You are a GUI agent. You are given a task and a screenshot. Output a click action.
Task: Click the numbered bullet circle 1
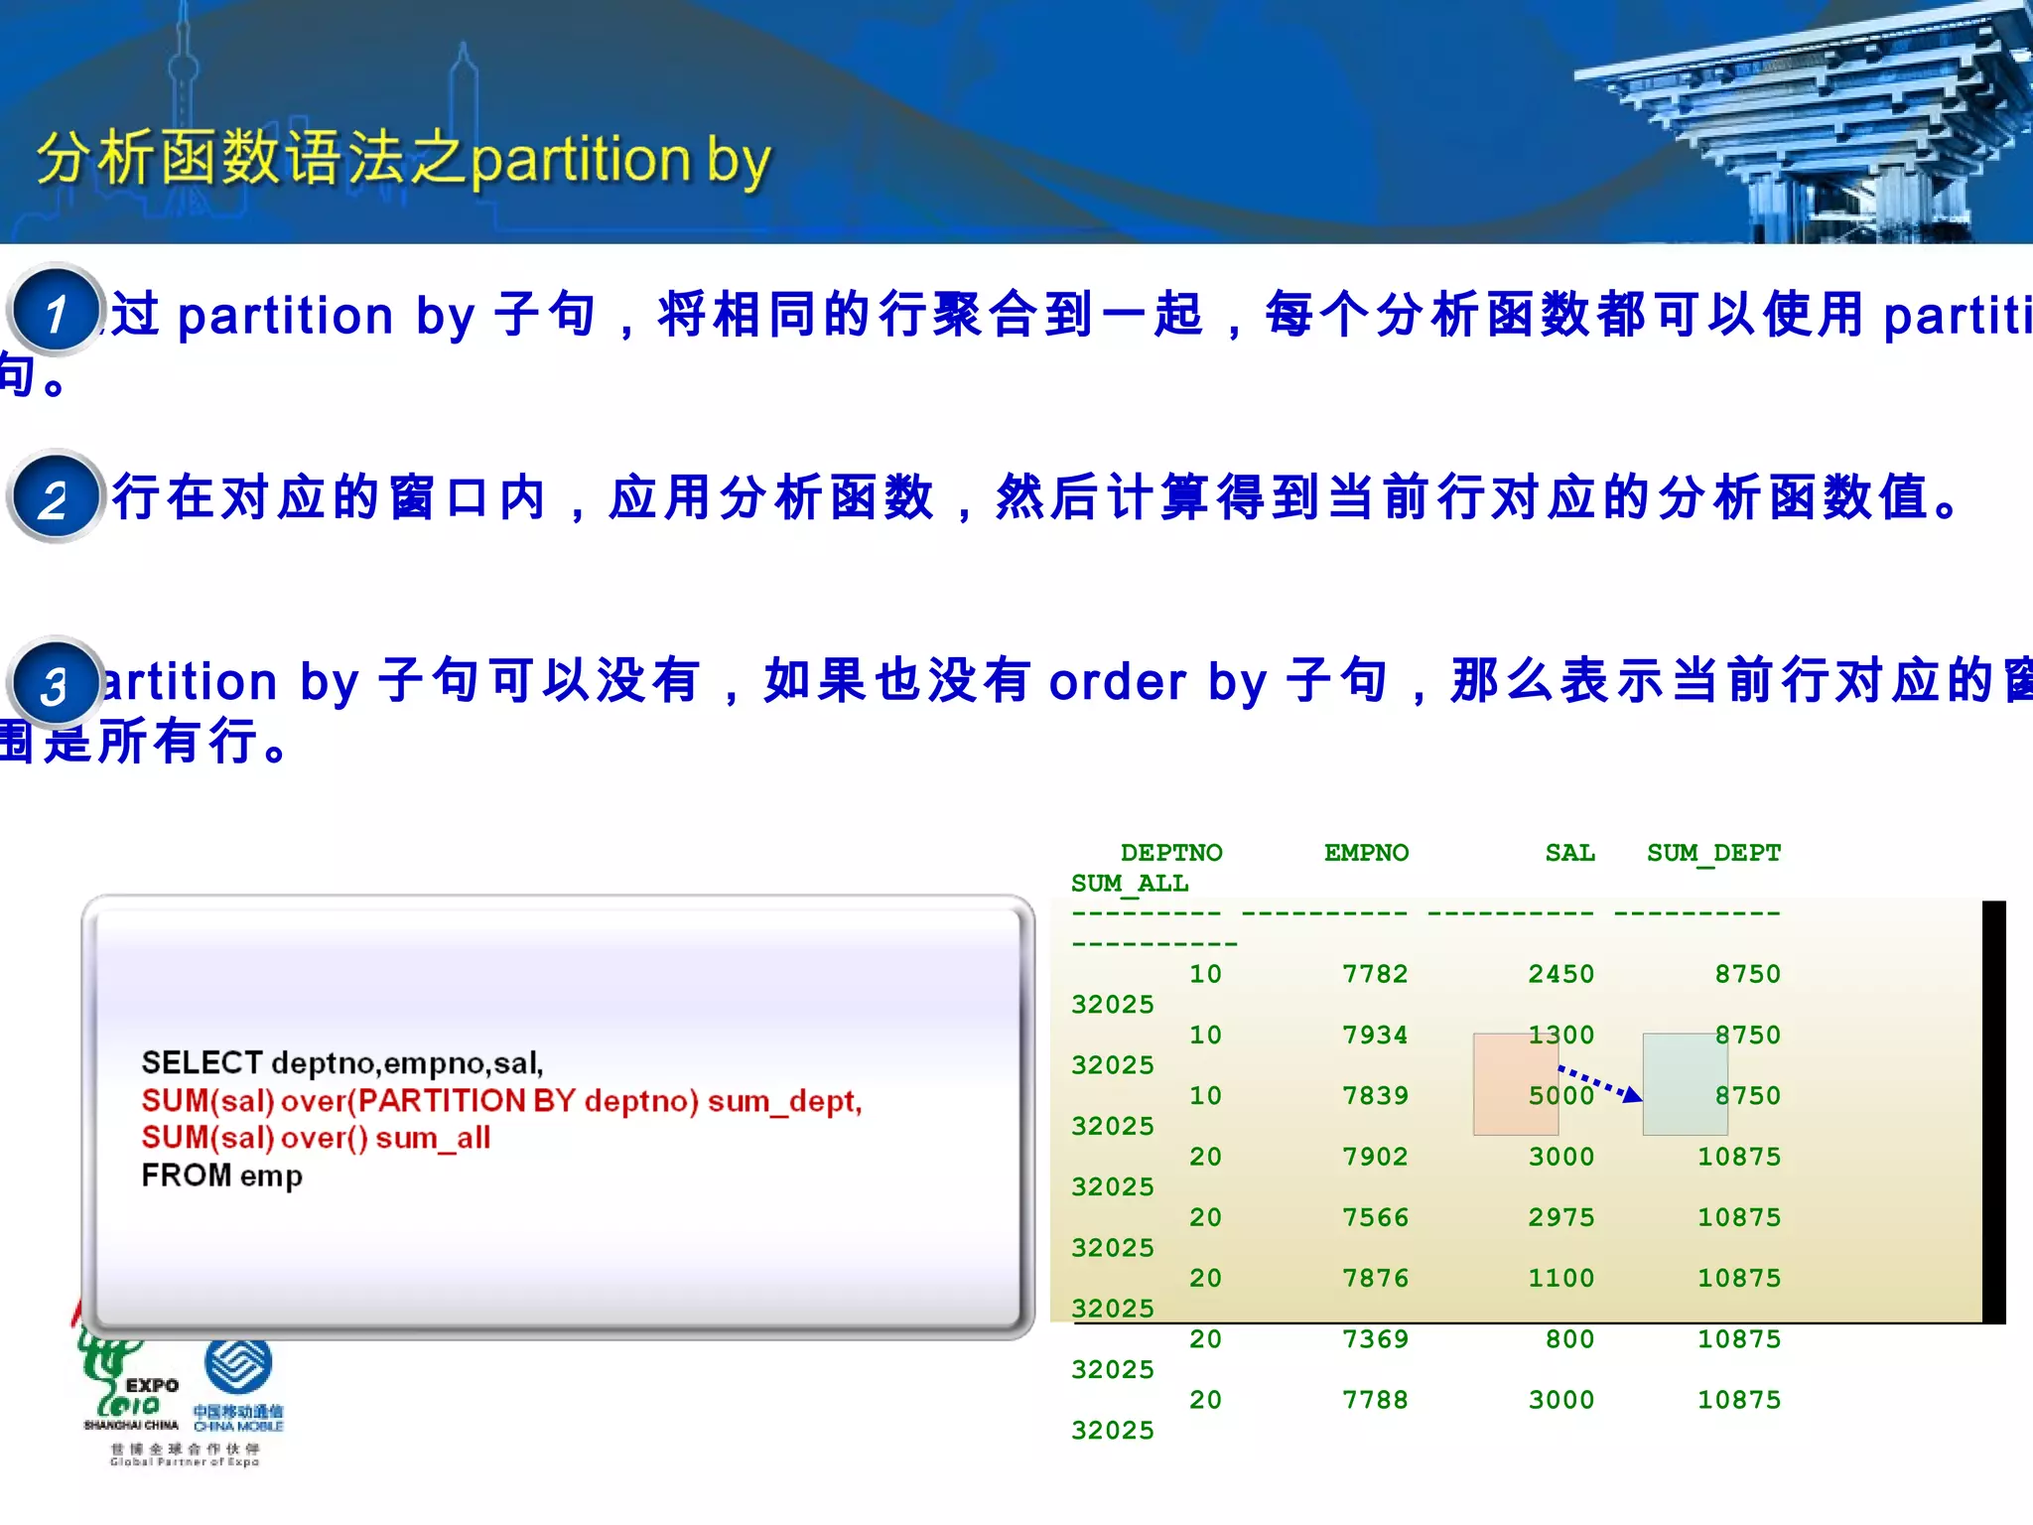point(56,310)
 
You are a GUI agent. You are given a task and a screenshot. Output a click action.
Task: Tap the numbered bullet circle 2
point(56,496)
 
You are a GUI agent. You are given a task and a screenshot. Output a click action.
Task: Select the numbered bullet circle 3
point(56,683)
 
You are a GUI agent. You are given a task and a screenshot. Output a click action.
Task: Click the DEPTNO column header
point(1171,853)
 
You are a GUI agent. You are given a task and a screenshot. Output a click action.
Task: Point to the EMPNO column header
point(1366,853)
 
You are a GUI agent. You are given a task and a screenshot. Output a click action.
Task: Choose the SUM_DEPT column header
point(1713,853)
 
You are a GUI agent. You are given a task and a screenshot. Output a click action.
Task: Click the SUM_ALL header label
point(1130,884)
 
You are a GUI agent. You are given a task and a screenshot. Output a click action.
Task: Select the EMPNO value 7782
point(1375,974)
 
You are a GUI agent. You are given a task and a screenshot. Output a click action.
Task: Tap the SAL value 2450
point(1560,974)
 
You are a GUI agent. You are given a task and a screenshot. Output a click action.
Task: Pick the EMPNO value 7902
point(1375,1157)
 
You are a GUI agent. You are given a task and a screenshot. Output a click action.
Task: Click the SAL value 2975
point(1560,1217)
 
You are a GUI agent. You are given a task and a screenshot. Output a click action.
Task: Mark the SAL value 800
point(1569,1339)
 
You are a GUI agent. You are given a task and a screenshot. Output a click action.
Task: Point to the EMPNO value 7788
point(1375,1400)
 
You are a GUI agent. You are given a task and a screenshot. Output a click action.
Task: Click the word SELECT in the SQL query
point(202,1063)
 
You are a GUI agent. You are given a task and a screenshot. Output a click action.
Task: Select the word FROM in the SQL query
point(186,1176)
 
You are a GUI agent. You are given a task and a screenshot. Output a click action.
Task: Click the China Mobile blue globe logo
point(238,1364)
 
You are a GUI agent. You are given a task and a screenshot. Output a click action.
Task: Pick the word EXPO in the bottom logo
point(152,1385)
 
